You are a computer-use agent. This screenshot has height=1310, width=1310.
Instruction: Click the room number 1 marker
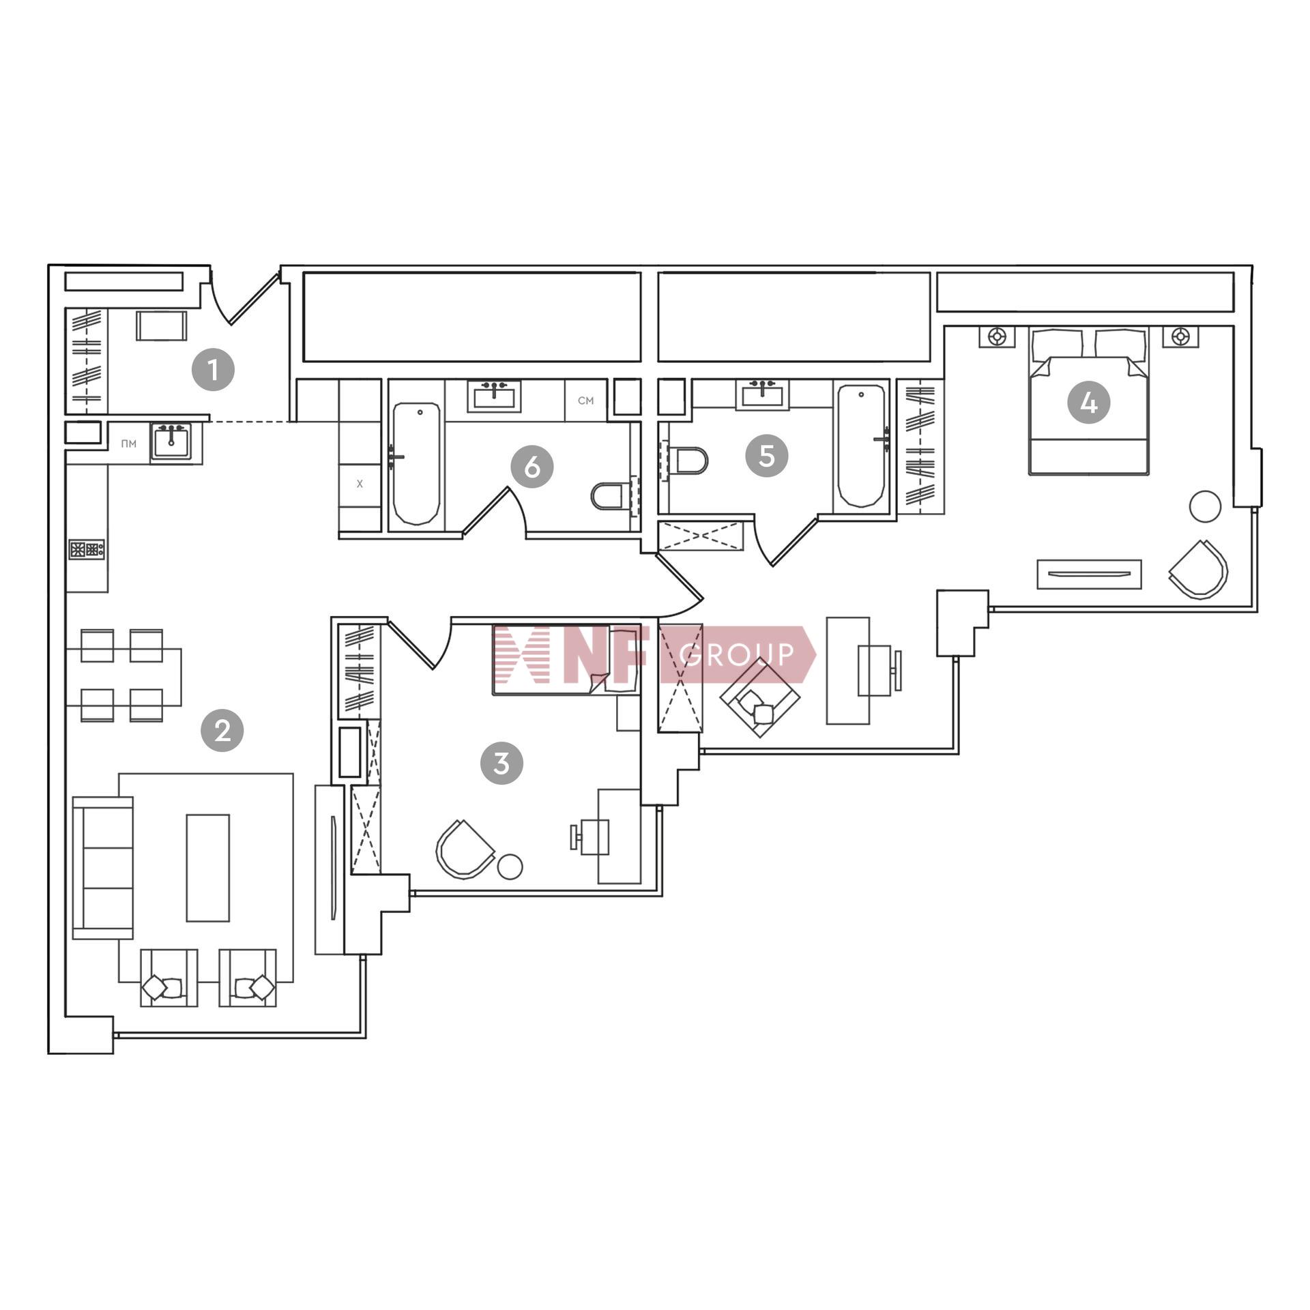point(213,369)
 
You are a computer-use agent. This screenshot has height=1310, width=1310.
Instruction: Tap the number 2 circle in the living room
point(222,731)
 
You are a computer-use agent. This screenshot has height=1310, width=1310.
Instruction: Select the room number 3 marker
point(501,763)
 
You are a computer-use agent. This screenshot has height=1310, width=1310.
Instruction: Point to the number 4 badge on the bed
point(1089,403)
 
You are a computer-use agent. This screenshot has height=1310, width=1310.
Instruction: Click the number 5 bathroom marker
point(766,455)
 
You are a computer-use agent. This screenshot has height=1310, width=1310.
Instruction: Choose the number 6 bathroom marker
point(532,467)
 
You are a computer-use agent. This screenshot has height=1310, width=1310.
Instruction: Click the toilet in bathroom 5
point(688,461)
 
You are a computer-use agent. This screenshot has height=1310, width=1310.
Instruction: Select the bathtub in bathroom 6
point(416,463)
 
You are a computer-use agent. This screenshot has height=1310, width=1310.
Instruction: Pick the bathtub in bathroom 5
point(862,446)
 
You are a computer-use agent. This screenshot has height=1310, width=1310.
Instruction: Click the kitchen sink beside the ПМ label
point(171,441)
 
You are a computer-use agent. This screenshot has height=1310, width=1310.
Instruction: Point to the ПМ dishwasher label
point(128,444)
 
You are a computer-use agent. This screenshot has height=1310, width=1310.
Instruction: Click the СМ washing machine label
point(585,401)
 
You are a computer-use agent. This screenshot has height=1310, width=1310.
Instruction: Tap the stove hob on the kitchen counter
point(87,550)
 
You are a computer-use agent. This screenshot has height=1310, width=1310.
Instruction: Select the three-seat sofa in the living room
point(102,868)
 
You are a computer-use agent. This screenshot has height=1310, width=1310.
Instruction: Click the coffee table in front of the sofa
point(208,868)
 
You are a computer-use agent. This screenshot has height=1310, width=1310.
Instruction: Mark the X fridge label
point(360,484)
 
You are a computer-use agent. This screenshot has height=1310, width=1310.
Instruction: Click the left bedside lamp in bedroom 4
point(998,336)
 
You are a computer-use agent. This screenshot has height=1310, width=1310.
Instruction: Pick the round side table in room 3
point(510,867)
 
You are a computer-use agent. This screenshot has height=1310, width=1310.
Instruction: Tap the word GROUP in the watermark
point(738,654)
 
